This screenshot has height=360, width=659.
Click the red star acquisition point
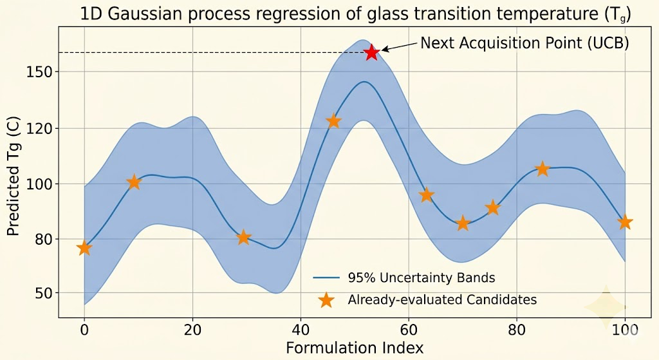(x=371, y=53)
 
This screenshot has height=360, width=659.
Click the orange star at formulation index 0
(x=84, y=248)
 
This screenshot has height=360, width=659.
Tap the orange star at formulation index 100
(x=625, y=222)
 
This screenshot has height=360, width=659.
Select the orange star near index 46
(x=333, y=121)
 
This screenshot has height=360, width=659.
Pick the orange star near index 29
(x=243, y=238)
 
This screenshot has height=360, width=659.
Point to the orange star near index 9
(x=133, y=182)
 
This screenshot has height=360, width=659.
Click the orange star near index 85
(x=543, y=169)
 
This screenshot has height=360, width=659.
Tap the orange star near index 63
(x=426, y=195)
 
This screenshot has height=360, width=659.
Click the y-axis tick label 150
(x=40, y=72)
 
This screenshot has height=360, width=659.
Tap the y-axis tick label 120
(x=40, y=128)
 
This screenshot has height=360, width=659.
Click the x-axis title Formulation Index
(x=355, y=348)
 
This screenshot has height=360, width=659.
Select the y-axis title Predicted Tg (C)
(x=14, y=176)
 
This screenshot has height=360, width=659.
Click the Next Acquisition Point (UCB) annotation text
(x=524, y=43)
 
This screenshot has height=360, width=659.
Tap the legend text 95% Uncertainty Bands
(x=422, y=278)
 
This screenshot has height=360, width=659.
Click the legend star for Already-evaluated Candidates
(x=327, y=299)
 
